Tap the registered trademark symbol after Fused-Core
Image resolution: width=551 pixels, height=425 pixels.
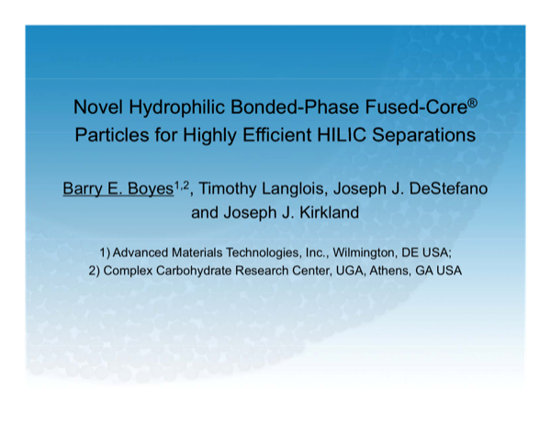[472, 102]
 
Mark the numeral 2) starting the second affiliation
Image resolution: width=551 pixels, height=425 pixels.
[95, 271]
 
